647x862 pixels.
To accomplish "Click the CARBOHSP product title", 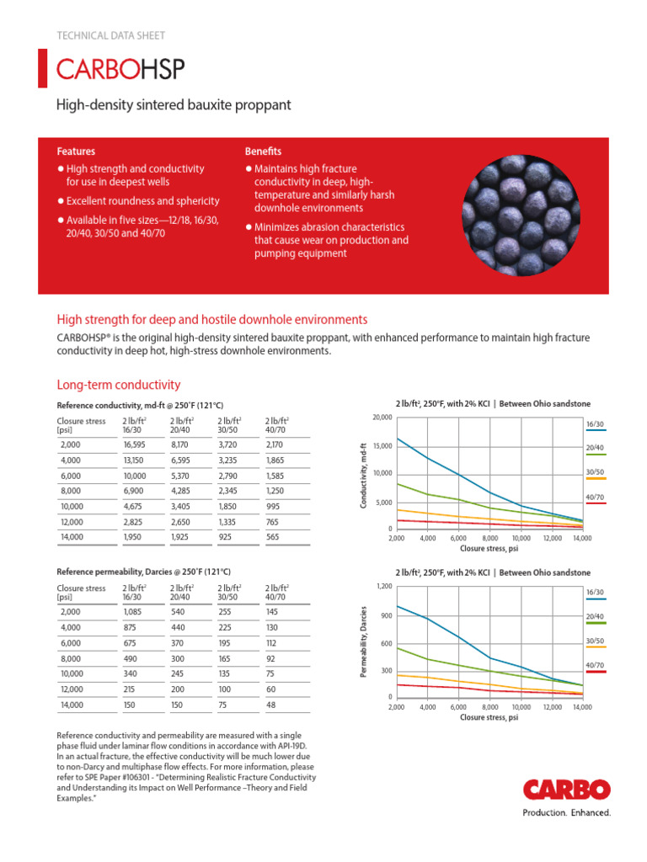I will [x=120, y=69].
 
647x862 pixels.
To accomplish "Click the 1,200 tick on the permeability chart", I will [x=383, y=586].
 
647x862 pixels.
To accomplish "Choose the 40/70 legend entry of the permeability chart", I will [x=594, y=666].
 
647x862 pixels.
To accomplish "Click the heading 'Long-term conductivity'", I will [x=118, y=385].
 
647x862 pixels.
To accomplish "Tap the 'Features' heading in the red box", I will [x=76, y=152].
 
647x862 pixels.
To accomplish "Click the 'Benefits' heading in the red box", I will [x=263, y=152].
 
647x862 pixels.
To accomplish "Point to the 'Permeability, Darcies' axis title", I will [x=364, y=644].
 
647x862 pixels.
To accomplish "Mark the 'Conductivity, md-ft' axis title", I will [x=364, y=475].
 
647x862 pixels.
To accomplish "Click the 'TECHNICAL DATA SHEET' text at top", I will [x=110, y=35].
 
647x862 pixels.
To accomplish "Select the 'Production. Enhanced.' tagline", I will [x=566, y=812].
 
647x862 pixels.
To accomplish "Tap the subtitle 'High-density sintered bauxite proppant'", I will [x=173, y=105].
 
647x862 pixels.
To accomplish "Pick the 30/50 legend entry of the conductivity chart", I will [x=594, y=474].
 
